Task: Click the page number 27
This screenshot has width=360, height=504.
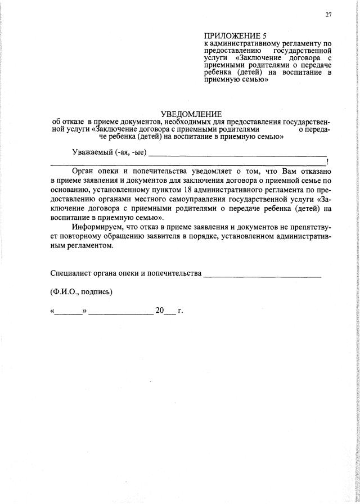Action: pyautogui.click(x=328, y=15)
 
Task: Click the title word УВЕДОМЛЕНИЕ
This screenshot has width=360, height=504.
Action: pyautogui.click(x=191, y=114)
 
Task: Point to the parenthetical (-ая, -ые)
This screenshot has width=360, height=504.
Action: pyautogui.click(x=130, y=152)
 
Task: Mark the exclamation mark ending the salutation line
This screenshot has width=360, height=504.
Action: pyautogui.click(x=327, y=162)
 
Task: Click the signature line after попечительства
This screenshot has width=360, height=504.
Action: pyautogui.click(x=262, y=276)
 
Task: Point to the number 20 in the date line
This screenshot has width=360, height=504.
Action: pyautogui.click(x=160, y=310)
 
